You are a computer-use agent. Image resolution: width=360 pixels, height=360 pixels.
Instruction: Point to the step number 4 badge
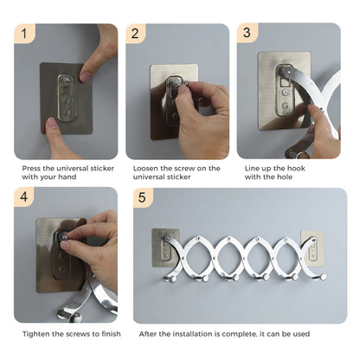23,197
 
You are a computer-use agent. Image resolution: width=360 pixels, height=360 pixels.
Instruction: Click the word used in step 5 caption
299,333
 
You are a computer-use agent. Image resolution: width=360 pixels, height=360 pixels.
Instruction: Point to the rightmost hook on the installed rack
320,277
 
